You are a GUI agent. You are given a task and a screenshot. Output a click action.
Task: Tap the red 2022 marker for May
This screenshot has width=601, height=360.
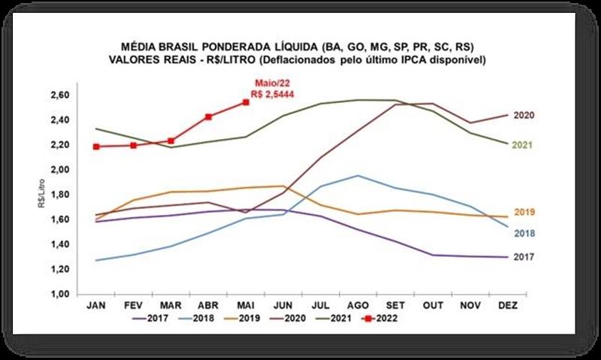[246, 102]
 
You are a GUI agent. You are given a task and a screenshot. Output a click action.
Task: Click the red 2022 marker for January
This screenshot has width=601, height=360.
[96, 147]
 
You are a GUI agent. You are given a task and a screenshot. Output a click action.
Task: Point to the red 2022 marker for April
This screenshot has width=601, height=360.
[208, 116]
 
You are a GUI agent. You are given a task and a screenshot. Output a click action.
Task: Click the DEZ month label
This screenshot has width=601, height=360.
[506, 306]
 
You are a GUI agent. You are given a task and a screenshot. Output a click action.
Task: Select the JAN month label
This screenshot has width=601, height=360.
[96, 306]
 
